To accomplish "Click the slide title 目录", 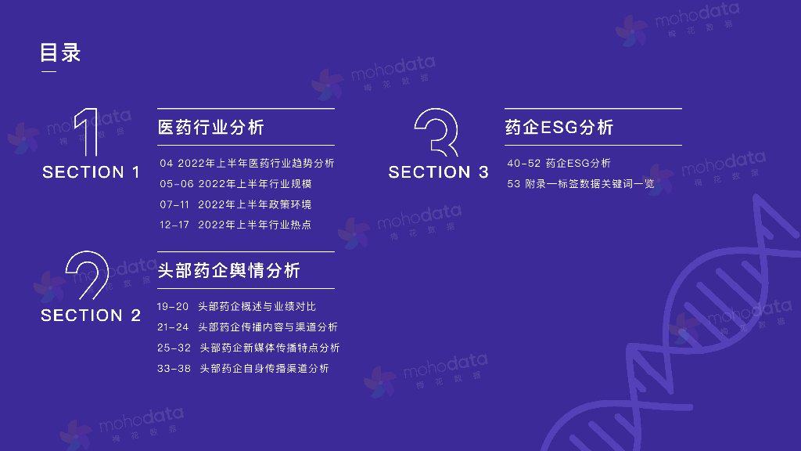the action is (x=60, y=52).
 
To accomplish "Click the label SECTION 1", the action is (x=91, y=172).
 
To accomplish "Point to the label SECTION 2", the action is (x=91, y=316).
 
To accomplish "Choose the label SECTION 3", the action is (x=438, y=172).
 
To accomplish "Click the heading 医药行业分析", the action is (x=211, y=127).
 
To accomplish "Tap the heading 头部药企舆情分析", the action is (x=228, y=270).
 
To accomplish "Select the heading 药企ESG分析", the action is (x=559, y=127).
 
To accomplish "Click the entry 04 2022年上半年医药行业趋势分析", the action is (x=247, y=164).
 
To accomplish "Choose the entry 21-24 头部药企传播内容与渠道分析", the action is (x=247, y=327).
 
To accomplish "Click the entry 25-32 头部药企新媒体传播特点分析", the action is (x=248, y=348).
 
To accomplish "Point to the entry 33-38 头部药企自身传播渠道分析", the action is (x=242, y=368).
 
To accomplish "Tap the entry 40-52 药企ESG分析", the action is (x=559, y=164).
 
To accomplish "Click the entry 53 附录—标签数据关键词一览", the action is (x=580, y=184).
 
